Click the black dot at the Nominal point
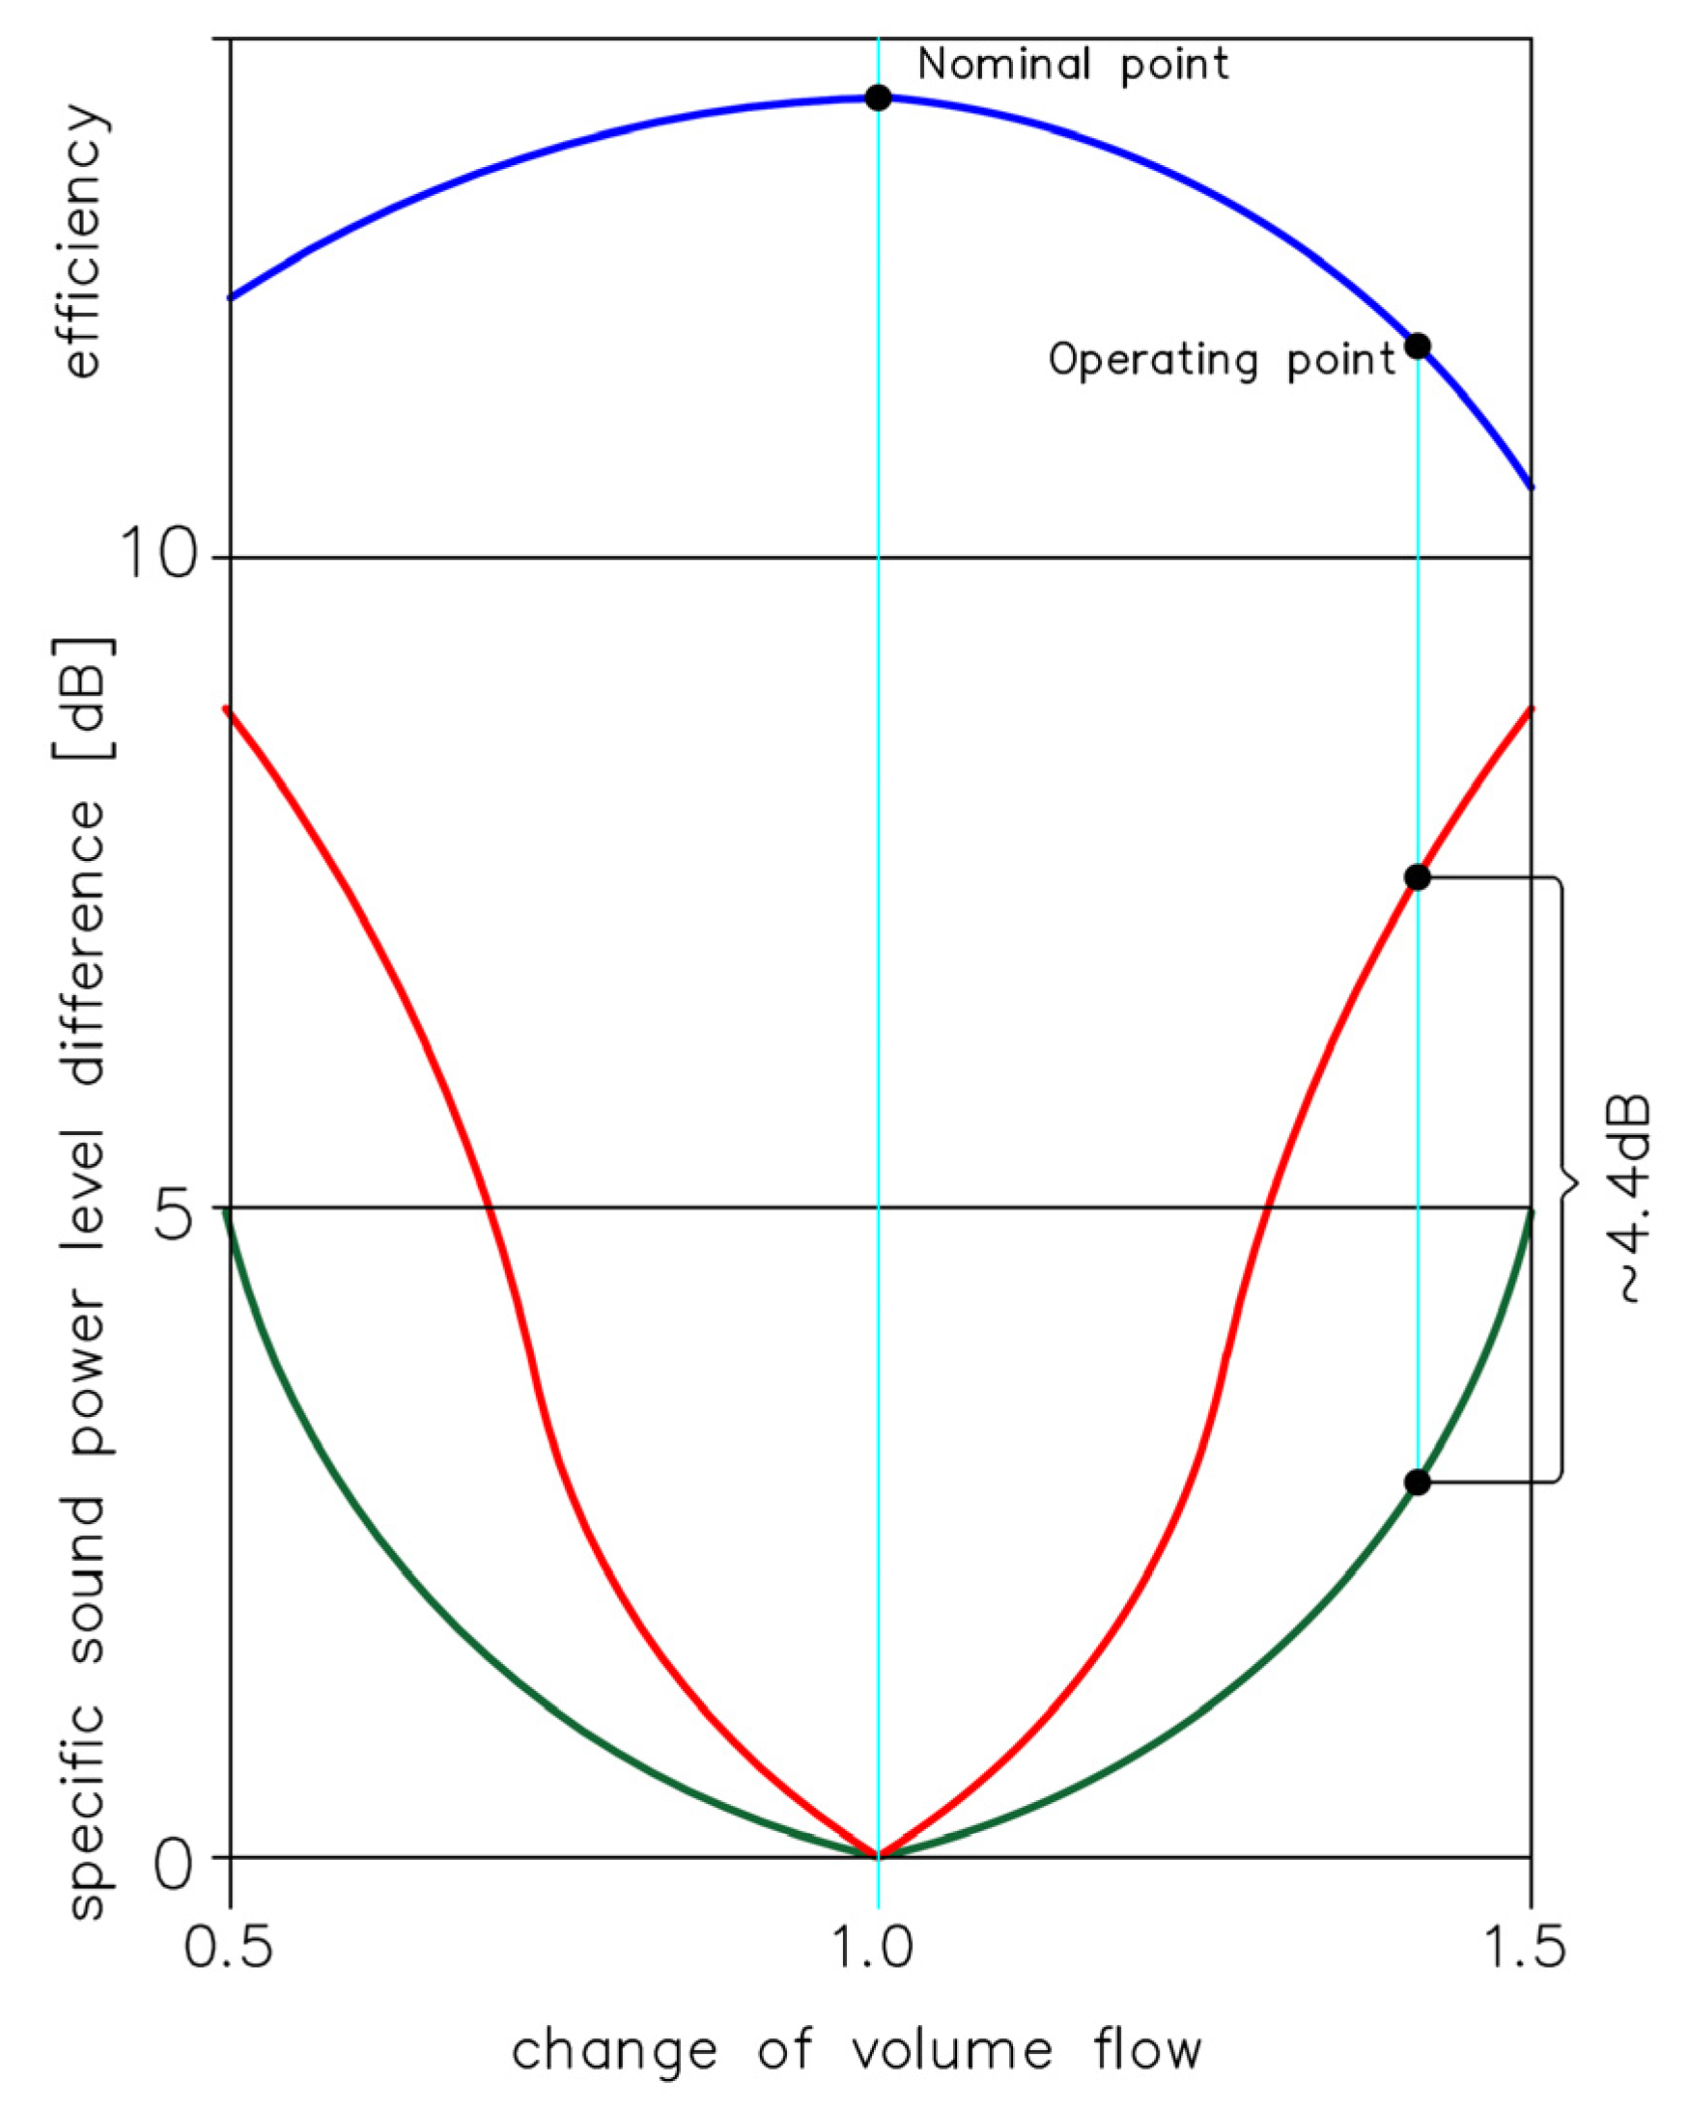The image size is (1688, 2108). pyautogui.click(x=878, y=97)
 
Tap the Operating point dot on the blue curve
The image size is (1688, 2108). pyautogui.click(x=1417, y=347)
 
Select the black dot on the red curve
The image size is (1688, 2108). pyautogui.click(x=1417, y=878)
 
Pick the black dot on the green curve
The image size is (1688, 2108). pyautogui.click(x=1417, y=1483)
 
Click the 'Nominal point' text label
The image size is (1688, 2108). pyautogui.click(x=1073, y=66)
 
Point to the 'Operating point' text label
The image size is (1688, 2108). pyautogui.click(x=1222, y=361)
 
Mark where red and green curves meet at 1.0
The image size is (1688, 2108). pyautogui.click(x=878, y=1855)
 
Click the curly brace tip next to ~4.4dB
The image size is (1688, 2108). pyautogui.click(x=1575, y=1185)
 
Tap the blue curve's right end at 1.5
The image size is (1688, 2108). pyautogui.click(x=1531, y=486)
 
